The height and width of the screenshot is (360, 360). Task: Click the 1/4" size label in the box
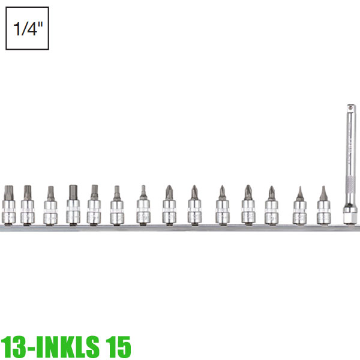[x=27, y=28]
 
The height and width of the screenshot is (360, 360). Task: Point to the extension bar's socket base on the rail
[x=349, y=215]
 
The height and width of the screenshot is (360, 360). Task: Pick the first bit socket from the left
[x=8, y=208]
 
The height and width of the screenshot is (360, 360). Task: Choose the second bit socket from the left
[x=27, y=208]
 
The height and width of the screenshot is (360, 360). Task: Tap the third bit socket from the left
[x=50, y=208]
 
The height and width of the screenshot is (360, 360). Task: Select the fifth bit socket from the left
[x=94, y=208]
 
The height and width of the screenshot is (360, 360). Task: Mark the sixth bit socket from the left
[x=117, y=208]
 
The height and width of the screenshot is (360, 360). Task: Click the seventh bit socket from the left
[x=143, y=208]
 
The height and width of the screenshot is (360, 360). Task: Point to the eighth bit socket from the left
[x=169, y=208]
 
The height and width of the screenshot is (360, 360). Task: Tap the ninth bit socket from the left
[x=194, y=208]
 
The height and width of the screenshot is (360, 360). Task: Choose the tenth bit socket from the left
[x=222, y=208]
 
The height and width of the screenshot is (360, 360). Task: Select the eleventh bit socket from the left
[x=248, y=208]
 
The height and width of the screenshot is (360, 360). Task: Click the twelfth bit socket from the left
[x=272, y=208]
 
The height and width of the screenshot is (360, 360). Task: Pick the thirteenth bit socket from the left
[x=299, y=208]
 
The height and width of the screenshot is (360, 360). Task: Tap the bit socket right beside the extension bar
[x=323, y=208]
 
